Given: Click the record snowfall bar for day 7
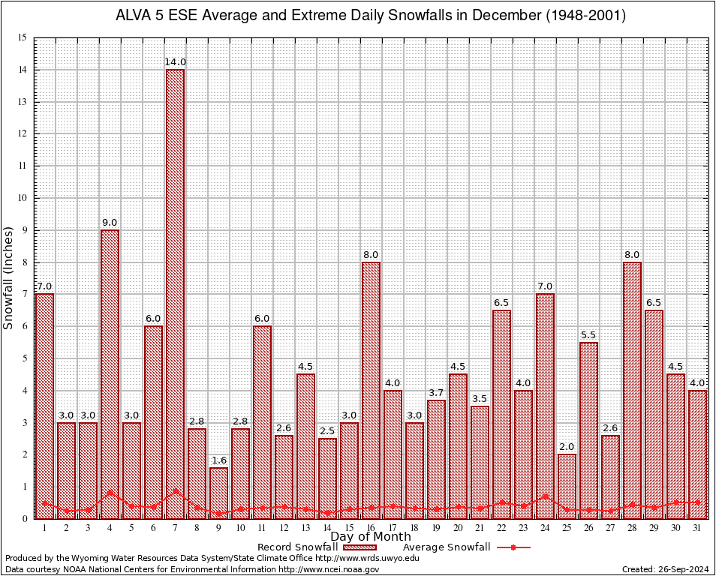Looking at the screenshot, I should [175, 292].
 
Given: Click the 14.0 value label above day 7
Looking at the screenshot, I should [175, 62].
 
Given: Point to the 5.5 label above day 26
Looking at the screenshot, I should [588, 334].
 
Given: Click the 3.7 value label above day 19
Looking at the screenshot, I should [436, 392].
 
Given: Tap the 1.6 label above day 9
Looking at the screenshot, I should [218, 460].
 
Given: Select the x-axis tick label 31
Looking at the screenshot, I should [697, 528].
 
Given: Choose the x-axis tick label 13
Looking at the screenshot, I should [305, 528].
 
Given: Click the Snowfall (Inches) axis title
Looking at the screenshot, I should [9, 277].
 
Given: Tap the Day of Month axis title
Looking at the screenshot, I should [370, 537].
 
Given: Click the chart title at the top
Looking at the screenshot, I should [371, 15].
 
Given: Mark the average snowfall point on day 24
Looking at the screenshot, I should [545, 496].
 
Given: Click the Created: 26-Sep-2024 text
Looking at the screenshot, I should [666, 569].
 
